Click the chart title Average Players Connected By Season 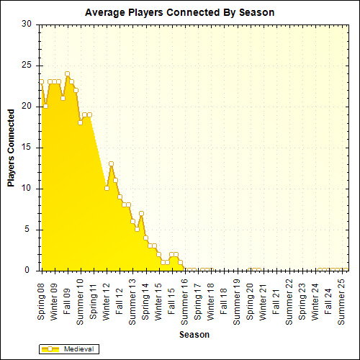click(x=179, y=13)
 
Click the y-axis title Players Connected click(x=12, y=148)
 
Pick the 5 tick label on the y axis click(x=28, y=230)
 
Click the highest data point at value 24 click(x=67, y=73)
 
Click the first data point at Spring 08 click(x=41, y=81)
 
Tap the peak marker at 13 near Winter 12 click(x=111, y=164)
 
